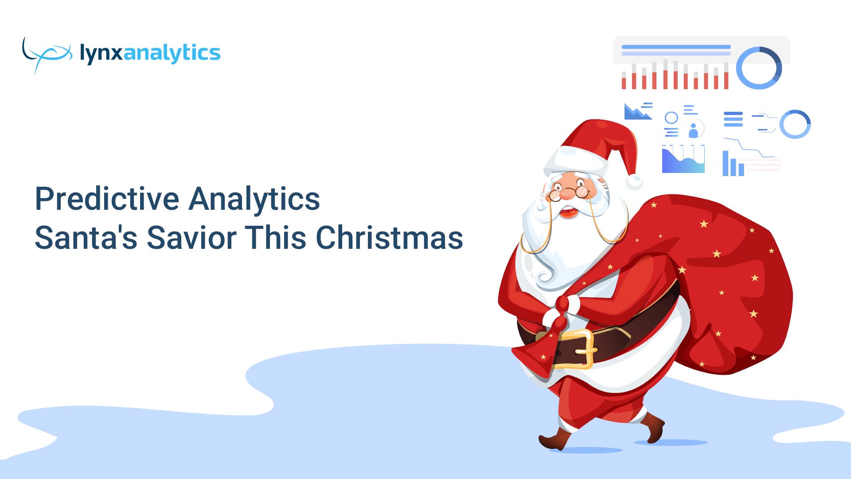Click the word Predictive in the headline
107,199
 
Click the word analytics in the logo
172,53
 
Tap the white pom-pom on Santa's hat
634,182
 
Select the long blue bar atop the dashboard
676,47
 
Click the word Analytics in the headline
254,199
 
